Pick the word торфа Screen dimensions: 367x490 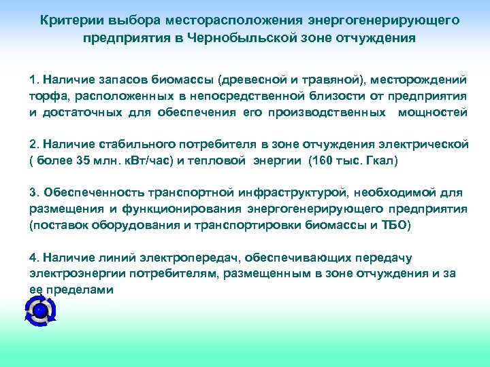(46, 97)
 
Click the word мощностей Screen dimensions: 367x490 (433, 113)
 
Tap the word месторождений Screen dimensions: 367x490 (423, 80)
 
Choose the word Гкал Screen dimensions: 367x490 (380, 162)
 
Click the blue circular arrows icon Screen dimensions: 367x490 (39, 311)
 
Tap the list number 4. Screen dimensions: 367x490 (33, 258)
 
